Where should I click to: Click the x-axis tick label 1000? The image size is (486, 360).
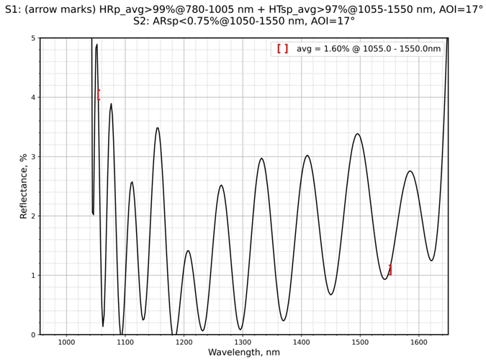click(x=66, y=343)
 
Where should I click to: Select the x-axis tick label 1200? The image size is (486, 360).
click(x=184, y=343)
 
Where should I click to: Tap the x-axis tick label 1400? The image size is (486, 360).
click(x=301, y=343)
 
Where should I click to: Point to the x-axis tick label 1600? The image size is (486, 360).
click(x=418, y=343)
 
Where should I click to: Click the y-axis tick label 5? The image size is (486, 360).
click(x=32, y=38)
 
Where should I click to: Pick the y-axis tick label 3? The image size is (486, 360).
click(x=32, y=157)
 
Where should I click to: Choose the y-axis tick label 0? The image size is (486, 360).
click(x=32, y=335)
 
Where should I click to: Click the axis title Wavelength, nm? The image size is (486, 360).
click(x=243, y=353)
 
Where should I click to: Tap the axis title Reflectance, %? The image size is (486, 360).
click(x=24, y=186)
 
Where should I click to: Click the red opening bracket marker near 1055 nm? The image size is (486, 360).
click(x=99, y=95)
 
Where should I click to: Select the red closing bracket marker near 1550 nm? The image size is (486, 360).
click(x=390, y=270)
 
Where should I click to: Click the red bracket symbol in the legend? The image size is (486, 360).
click(x=282, y=49)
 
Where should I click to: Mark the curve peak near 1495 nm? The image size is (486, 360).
click(x=357, y=134)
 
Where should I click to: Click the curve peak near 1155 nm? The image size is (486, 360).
click(x=158, y=128)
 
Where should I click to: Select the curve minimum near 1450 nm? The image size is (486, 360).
click(x=330, y=294)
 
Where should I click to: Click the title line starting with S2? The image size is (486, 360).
click(x=243, y=22)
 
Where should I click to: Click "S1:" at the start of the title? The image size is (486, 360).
click(x=14, y=9)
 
